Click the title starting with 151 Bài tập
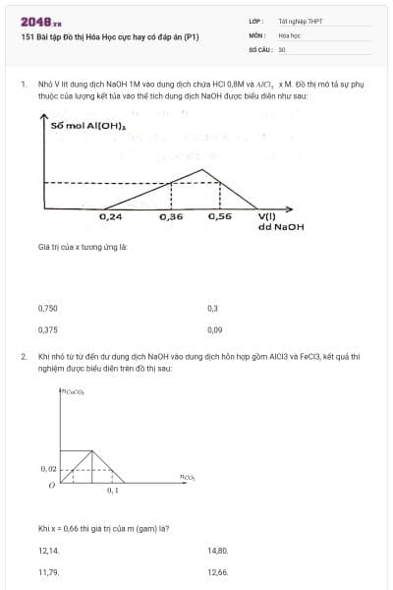[109, 36]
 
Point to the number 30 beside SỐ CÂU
[281, 47]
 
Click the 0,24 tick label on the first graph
[111, 215]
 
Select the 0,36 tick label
[171, 215]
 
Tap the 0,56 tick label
[220, 215]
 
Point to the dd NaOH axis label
[281, 227]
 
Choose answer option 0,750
[47, 308]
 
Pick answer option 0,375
[47, 330]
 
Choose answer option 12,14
[47, 551]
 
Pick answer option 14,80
[217, 551]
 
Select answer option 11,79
[47, 571]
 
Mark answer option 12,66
[217, 571]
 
